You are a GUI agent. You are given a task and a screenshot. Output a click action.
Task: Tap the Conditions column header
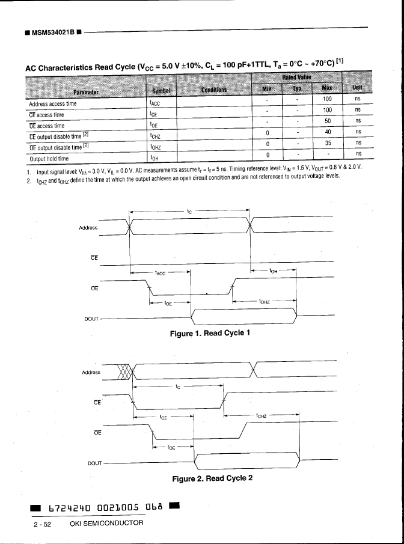[214, 90]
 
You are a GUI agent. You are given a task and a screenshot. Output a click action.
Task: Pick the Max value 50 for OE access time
[327, 120]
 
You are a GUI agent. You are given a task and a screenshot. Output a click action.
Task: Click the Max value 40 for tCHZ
[328, 131]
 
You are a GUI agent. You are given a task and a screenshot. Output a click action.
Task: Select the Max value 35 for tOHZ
[328, 143]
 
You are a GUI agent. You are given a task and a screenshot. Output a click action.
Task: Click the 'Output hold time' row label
[49, 159]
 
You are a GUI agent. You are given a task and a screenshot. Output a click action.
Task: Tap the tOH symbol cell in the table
[155, 159]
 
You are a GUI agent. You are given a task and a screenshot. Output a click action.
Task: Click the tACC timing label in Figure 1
[160, 274]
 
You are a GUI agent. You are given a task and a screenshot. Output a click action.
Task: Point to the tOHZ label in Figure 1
[265, 302]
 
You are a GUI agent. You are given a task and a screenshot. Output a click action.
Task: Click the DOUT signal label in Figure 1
[91, 318]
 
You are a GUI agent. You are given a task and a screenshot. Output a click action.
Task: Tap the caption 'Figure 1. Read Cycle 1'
[209, 333]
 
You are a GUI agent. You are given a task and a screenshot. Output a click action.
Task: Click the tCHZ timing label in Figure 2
[262, 415]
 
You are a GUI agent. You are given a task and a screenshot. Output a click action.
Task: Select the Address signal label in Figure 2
[91, 373]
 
